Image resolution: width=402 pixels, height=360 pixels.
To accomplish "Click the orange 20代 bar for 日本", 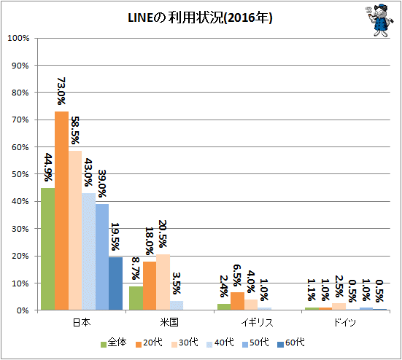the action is point(61,211).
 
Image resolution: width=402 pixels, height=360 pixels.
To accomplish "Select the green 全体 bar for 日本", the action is point(48,249).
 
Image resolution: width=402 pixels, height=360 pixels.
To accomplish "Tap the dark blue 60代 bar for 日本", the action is point(115,283).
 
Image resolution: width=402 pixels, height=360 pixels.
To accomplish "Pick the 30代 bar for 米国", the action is point(163,282).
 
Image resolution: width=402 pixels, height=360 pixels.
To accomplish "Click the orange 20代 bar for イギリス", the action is point(237,301).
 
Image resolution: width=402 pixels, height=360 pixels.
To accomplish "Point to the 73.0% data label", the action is point(61,91).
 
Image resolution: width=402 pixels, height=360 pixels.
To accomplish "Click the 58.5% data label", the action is point(75,130).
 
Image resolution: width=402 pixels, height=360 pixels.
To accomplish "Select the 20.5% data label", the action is point(162,234).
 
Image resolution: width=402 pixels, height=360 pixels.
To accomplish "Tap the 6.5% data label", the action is point(237,275).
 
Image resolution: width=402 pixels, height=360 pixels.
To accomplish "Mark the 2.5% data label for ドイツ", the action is point(339,286).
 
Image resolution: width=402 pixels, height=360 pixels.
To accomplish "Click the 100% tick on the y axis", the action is point(18,38).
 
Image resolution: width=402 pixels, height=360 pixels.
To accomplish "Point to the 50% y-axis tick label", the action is point(20,174).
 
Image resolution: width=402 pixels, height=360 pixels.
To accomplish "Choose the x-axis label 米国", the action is point(169,322).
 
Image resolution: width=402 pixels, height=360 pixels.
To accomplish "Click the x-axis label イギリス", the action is point(257,322).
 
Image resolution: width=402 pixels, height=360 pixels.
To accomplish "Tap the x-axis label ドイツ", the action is point(345,322).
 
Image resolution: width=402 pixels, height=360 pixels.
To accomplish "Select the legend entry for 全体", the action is point(114,343).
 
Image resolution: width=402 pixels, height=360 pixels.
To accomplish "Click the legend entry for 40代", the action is point(220,343).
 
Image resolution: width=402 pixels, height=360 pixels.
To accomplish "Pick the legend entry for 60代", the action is point(291,343).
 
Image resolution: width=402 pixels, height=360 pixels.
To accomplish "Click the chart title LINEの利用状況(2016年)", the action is point(200,18).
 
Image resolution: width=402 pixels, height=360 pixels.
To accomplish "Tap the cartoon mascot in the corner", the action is point(379,20).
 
